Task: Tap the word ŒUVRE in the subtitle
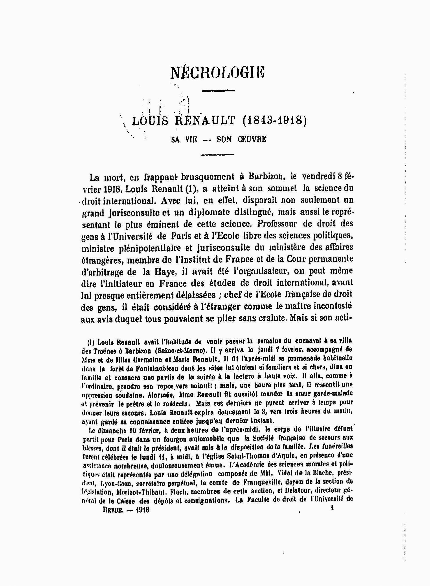click(252, 140)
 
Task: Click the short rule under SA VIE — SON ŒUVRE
click(218, 155)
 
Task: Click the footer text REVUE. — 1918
click(126, 510)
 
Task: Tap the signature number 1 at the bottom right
click(332, 508)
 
